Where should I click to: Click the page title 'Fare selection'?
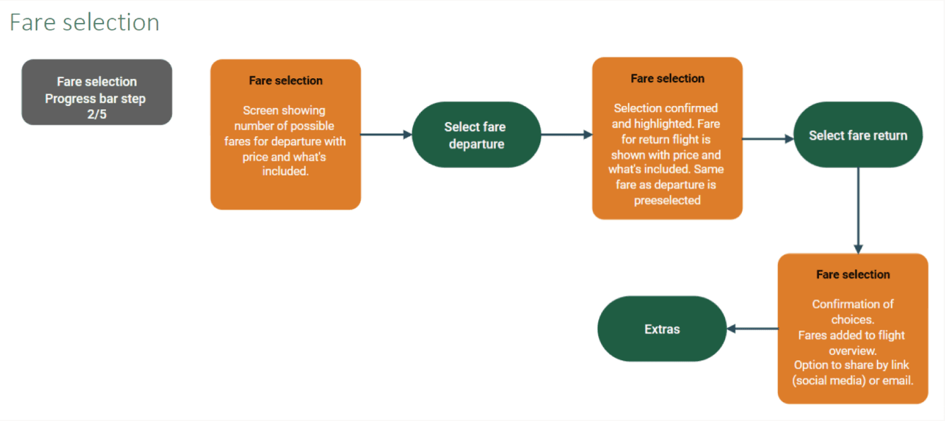[84, 22]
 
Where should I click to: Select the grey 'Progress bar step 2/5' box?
[96, 92]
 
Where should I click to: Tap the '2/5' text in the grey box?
[96, 115]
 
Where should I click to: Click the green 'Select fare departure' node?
[476, 135]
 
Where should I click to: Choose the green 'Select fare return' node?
[858, 135]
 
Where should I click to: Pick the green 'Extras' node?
[662, 329]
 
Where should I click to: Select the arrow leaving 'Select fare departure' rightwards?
[567, 135]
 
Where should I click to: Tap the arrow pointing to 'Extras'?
[752, 329]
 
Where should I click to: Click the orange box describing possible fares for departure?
[285, 134]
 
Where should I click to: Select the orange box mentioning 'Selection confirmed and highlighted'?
[667, 138]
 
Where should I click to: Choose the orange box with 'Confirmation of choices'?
[853, 329]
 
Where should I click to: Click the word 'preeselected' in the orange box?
[667, 200]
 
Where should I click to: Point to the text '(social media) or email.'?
[853, 381]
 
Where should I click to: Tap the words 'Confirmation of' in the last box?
[853, 304]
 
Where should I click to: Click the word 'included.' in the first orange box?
[285, 171]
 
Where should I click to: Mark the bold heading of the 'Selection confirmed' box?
[667, 79]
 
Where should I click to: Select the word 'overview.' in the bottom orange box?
[853, 351]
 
